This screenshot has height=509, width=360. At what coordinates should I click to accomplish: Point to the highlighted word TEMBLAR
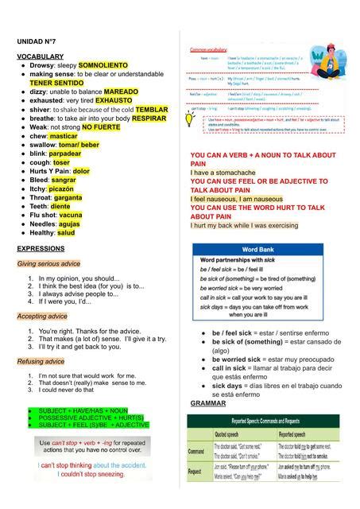click(151, 109)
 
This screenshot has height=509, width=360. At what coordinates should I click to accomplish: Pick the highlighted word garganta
click(66, 196)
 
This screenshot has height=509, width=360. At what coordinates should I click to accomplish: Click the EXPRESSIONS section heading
click(41, 249)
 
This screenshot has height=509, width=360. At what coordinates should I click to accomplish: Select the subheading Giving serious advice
click(48, 263)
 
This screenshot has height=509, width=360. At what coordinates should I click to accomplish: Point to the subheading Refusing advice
click(41, 361)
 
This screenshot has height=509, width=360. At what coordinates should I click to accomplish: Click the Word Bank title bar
click(257, 249)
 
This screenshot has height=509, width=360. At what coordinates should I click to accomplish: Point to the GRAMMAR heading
click(208, 403)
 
